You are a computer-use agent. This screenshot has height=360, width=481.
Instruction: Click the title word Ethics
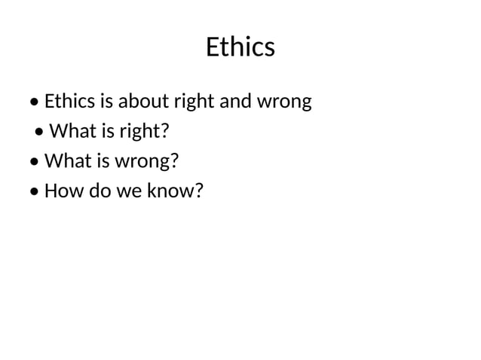[240, 47]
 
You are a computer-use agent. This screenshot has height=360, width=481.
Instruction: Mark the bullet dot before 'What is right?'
[41, 133]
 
